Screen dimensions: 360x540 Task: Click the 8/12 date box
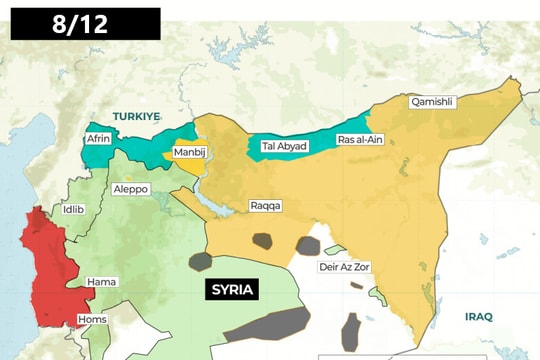pyautogui.click(x=85, y=23)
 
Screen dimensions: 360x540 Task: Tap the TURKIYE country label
pyautogui.click(x=136, y=117)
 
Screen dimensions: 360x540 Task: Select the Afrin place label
pyautogui.click(x=99, y=139)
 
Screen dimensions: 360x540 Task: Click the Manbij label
pyautogui.click(x=190, y=152)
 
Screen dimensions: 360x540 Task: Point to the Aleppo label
pyautogui.click(x=131, y=188)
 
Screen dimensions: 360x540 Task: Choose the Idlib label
pyautogui.click(x=74, y=209)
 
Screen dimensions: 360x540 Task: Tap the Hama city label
pyautogui.click(x=101, y=282)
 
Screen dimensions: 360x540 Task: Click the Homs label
pyautogui.click(x=91, y=321)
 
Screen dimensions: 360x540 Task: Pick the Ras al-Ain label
pyautogui.click(x=360, y=139)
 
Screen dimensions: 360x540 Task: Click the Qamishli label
pyautogui.click(x=432, y=101)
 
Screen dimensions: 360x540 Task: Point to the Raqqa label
pyautogui.click(x=266, y=206)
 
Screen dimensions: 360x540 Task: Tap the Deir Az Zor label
pyautogui.click(x=345, y=267)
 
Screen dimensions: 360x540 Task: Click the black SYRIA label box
pyautogui.click(x=232, y=290)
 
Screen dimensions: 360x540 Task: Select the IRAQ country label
pyautogui.click(x=478, y=316)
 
